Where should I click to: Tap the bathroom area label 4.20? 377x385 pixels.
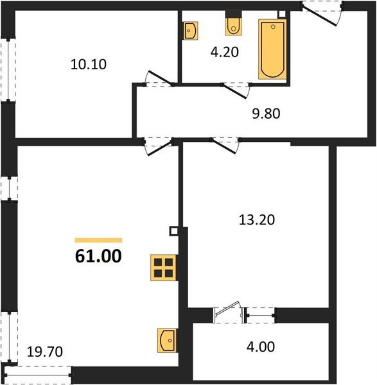225,53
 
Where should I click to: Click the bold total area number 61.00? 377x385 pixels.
98,257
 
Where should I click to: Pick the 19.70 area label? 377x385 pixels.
46,351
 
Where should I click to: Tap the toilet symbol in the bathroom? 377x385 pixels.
233,26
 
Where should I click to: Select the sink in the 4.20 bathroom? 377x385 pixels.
190,31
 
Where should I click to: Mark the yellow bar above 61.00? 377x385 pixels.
98,239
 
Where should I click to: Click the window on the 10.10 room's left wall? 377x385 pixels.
7,70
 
